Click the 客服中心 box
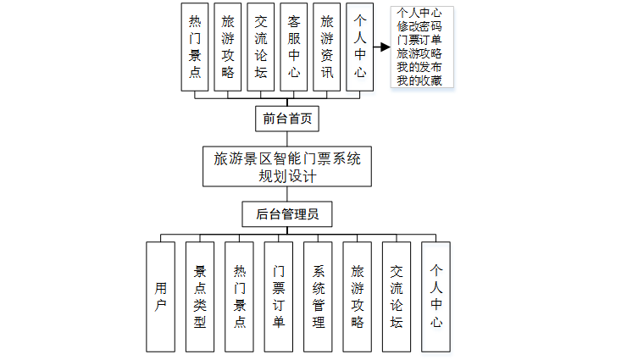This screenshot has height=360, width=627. pos(294,47)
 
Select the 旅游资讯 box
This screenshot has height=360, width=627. pos(327,47)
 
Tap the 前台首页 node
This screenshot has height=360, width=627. pos(286,119)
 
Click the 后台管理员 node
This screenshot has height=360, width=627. pos(286,214)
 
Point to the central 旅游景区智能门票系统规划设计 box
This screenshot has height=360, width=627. pos(286,167)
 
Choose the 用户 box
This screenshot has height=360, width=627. pos(160,296)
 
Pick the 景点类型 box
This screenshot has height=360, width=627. pos(200,296)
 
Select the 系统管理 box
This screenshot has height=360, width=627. pos(319,296)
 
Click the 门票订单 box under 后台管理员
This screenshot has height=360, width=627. pos(279,296)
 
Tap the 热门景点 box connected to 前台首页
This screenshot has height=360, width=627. pos(196,47)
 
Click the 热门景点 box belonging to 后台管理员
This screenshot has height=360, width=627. pos(240,296)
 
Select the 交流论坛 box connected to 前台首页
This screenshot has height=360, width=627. pos(261,47)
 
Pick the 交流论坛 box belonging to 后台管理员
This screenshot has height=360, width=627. pos(397,296)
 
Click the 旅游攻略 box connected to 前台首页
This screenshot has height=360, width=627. pos(228,47)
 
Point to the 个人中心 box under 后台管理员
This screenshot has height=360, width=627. pos(436,296)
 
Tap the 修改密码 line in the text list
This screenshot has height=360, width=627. pos(419,25)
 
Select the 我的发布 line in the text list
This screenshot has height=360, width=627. pos(419,67)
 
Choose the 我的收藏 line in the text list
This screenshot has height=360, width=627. pos(419,80)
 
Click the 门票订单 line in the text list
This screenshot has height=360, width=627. pos(419,39)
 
